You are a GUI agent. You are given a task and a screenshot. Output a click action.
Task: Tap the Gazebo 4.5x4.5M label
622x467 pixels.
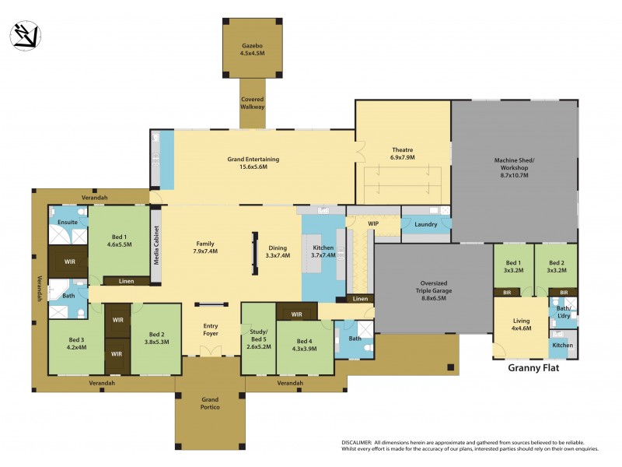click(x=251, y=50)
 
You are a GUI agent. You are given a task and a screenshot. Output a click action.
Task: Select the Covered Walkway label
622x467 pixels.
click(x=252, y=103)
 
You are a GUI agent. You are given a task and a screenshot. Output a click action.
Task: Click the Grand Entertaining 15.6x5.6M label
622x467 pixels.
click(x=253, y=163)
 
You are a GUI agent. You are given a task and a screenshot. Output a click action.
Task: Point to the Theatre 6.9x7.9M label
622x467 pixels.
click(x=402, y=153)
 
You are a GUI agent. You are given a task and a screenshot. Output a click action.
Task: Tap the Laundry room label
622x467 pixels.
click(x=425, y=225)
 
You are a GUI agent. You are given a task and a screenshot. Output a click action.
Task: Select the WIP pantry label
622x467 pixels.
click(x=373, y=224)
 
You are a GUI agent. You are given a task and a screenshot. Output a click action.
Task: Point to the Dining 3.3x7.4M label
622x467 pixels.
click(x=277, y=251)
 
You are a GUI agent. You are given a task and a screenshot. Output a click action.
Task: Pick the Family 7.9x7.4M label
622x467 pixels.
click(x=205, y=248)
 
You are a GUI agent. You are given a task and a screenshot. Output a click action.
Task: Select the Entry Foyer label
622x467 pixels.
click(x=211, y=330)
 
